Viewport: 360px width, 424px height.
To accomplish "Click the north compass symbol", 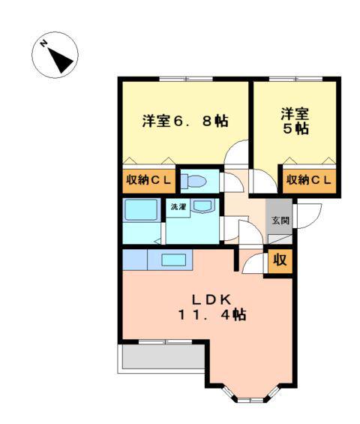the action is (x=55, y=56).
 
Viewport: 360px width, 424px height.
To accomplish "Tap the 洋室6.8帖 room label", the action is (x=185, y=121).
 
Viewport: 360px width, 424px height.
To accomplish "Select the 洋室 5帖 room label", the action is (x=295, y=121).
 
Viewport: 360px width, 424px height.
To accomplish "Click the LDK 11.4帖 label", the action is (x=212, y=307).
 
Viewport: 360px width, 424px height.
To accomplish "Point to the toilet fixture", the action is (x=193, y=181).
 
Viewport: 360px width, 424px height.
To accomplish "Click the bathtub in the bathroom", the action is (x=140, y=210).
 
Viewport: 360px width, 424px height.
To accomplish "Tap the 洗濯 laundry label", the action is (x=178, y=207).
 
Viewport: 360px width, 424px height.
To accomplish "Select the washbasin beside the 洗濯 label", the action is (x=202, y=206).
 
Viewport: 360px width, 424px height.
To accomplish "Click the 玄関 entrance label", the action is (x=280, y=221).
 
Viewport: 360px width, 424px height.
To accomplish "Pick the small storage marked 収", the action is (x=280, y=260).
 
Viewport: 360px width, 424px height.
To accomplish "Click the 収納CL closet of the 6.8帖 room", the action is (x=148, y=180).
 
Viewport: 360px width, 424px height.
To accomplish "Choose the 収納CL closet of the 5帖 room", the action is (x=309, y=180).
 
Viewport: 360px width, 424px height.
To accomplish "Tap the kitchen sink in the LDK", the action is (x=173, y=260).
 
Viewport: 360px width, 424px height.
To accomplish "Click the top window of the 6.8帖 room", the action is (x=186, y=80).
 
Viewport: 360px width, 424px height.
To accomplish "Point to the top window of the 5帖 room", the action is (x=296, y=80).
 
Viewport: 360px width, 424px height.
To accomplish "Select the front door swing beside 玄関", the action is (x=308, y=216).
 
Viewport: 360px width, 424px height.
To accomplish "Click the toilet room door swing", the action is (x=232, y=182).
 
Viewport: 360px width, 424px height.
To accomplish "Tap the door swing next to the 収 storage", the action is (x=254, y=263).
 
